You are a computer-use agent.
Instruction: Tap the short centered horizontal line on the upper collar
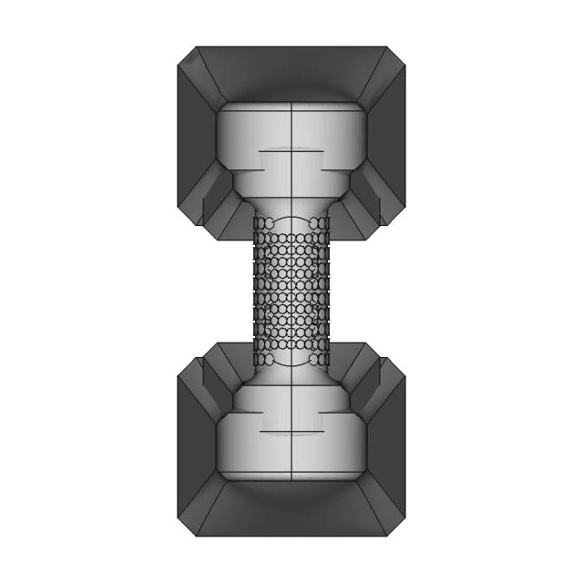[x=291, y=148]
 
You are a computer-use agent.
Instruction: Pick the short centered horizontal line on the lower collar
[x=291, y=429]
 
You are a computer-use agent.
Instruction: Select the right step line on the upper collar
[x=337, y=166]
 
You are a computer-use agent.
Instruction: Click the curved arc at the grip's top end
[x=291, y=218]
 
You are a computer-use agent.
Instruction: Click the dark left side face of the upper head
[x=196, y=137]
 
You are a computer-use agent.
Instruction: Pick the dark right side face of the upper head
[x=386, y=137]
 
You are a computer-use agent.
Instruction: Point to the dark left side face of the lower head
[x=196, y=446]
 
